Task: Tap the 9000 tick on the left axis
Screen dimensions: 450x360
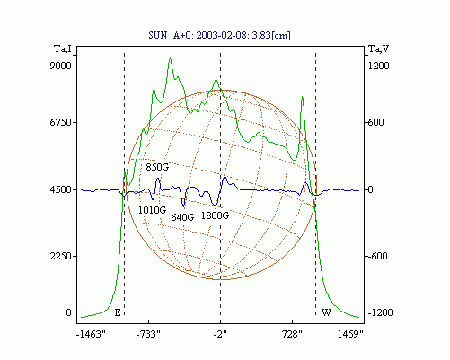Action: [60, 66]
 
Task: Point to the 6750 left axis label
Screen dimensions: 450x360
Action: [60, 122]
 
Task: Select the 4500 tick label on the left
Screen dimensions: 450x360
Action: [60, 189]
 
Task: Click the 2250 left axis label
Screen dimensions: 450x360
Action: [60, 256]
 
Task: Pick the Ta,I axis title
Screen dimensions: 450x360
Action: [63, 48]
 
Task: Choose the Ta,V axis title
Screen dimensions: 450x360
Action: [378, 48]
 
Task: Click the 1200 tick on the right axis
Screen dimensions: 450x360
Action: [378, 66]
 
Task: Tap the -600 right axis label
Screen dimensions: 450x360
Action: [377, 256]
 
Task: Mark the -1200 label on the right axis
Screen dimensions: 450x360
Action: [380, 312]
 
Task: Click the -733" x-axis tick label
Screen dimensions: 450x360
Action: [148, 334]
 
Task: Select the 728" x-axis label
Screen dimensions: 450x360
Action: [292, 334]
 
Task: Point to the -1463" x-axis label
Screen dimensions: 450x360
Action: [91, 334]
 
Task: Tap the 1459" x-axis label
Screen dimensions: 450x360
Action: [350, 334]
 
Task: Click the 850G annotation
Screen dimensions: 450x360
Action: [157, 167]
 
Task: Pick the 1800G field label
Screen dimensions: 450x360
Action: [215, 215]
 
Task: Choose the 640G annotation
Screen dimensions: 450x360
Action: [182, 217]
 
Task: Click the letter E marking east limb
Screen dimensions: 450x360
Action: [118, 312]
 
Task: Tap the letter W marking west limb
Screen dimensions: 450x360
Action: [326, 312]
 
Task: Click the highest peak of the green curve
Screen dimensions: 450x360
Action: [170, 58]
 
